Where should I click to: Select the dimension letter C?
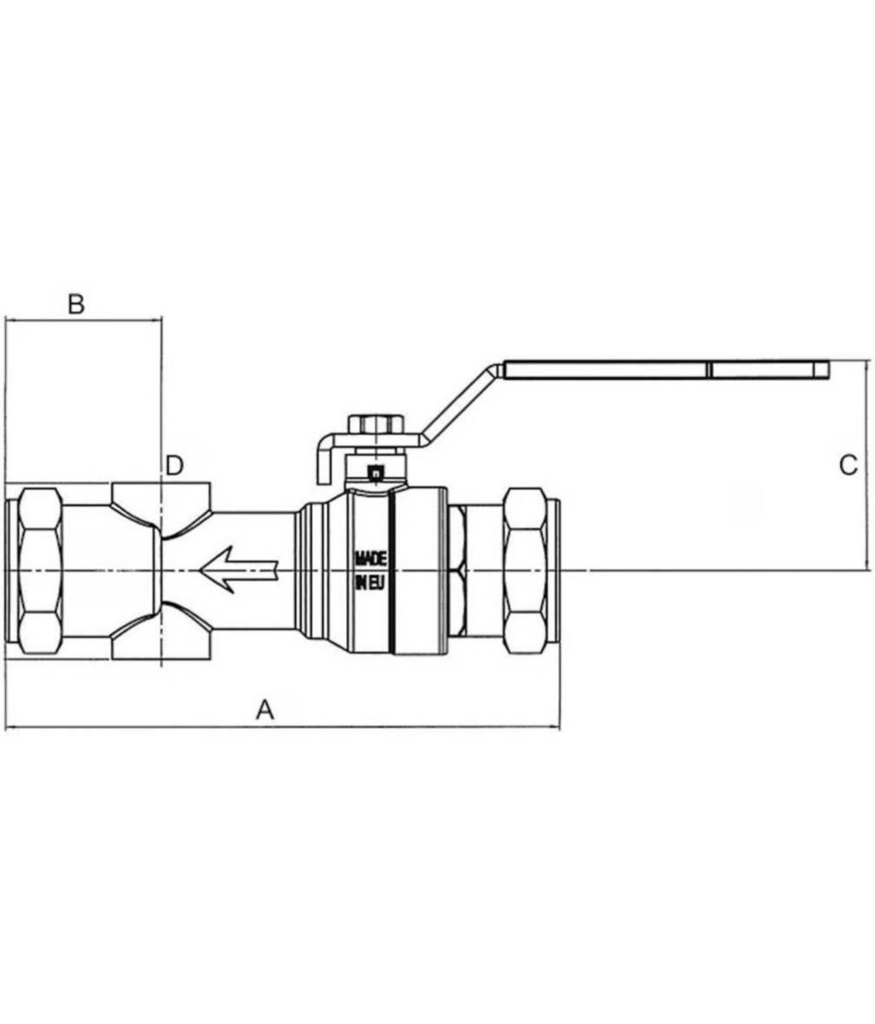coord(849,466)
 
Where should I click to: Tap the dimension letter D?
coord(174,465)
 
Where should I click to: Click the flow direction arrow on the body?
coord(238,570)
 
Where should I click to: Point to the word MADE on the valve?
coord(371,559)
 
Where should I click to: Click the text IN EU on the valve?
coord(370,584)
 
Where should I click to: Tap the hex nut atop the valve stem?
coord(377,424)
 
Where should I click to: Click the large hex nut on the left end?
coord(41,570)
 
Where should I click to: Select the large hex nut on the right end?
coord(525,570)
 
